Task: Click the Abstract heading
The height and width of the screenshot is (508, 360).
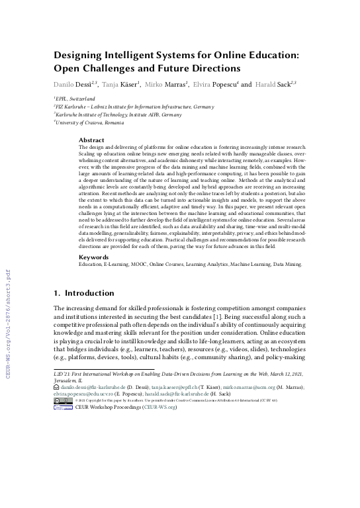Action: (x=91, y=140)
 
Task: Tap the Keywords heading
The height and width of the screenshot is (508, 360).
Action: (x=93, y=275)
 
